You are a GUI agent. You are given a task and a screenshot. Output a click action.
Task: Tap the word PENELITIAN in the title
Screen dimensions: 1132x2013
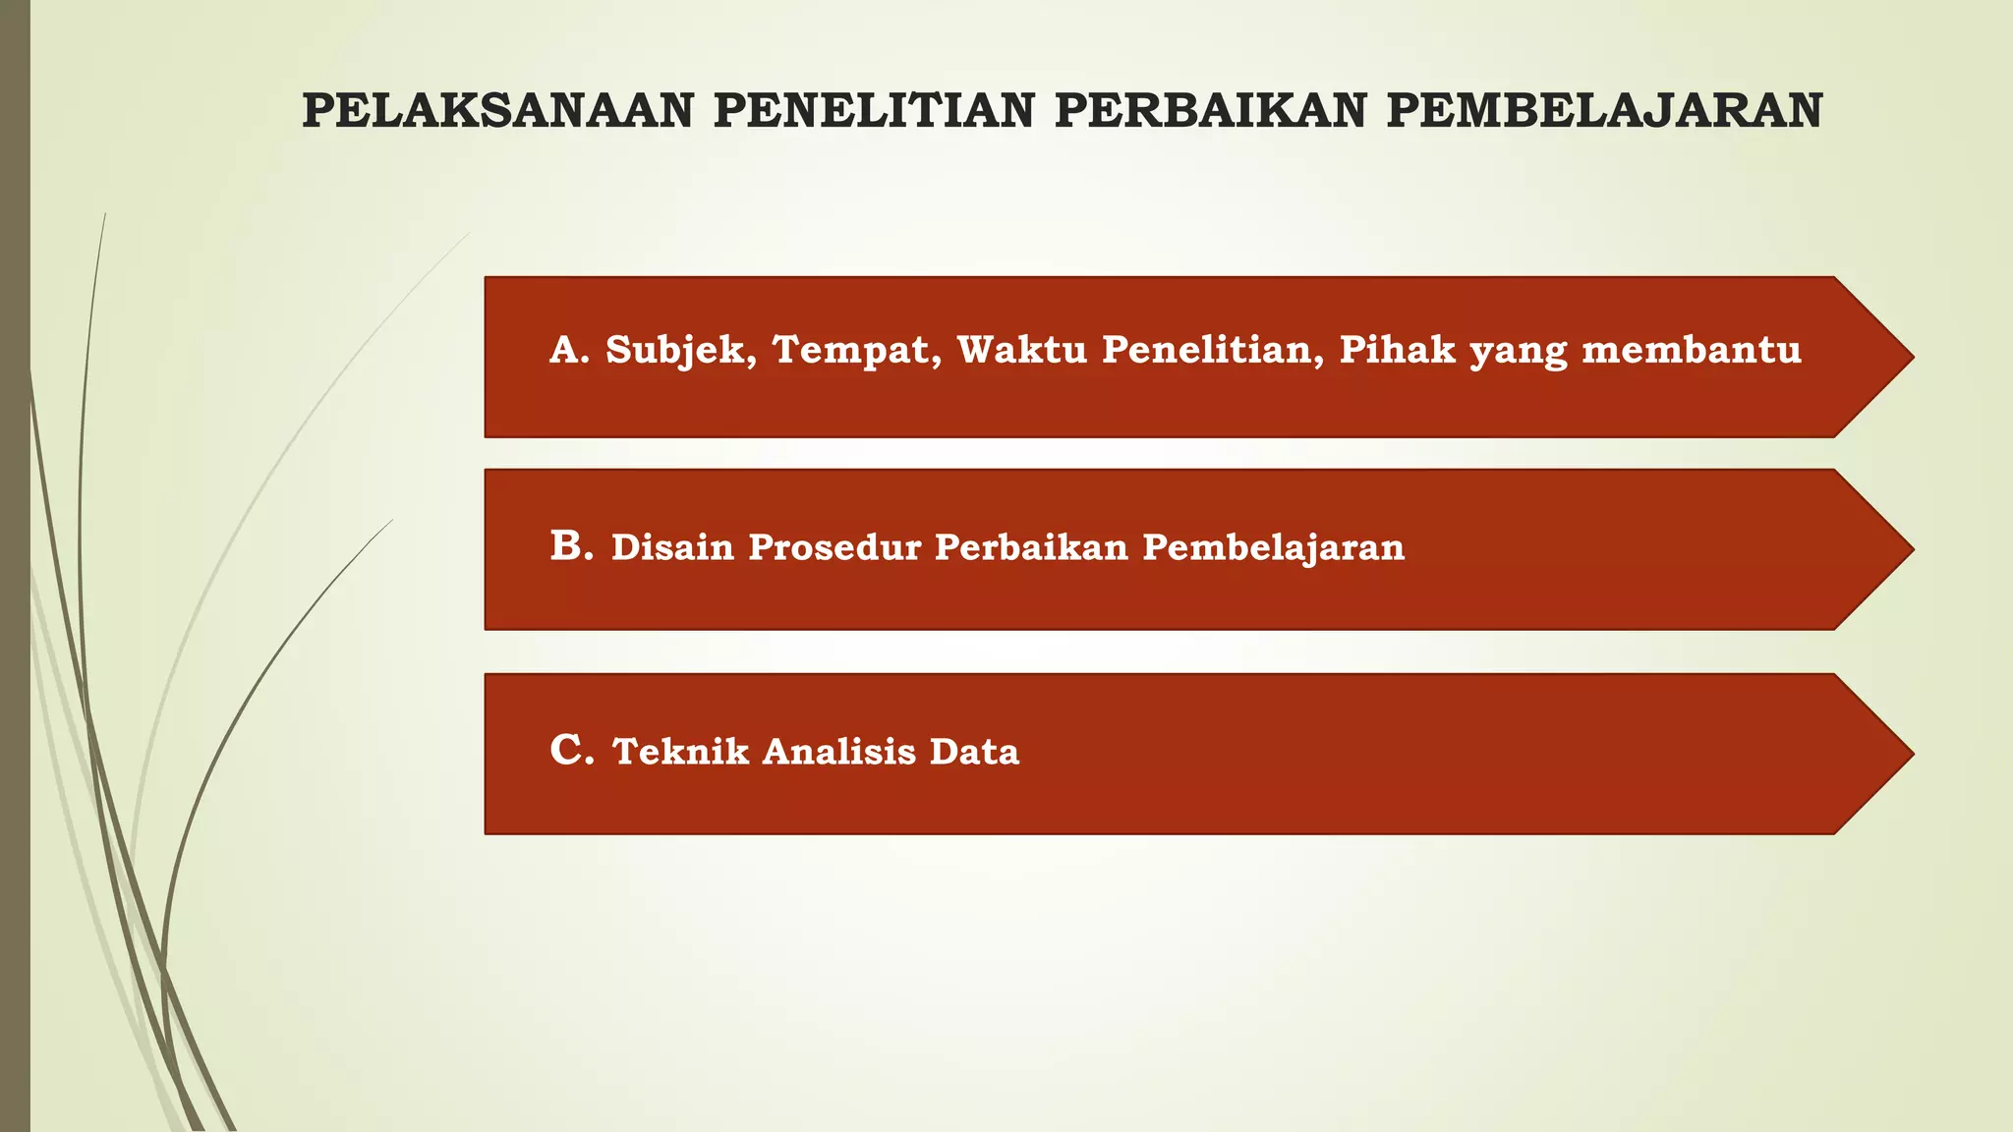coord(874,111)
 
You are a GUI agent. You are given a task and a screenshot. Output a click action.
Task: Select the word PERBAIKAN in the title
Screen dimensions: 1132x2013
coord(1210,111)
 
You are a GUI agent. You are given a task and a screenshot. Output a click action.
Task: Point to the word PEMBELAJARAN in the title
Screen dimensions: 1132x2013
coord(1604,111)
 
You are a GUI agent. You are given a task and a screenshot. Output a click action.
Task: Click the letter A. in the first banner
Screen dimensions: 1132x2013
coord(569,350)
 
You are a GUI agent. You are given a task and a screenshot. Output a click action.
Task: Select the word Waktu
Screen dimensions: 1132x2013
coord(1022,350)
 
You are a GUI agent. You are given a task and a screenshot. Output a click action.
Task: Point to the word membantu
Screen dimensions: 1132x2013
coord(1692,350)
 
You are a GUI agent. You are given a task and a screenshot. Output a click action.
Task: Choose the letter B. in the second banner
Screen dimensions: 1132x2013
coord(572,546)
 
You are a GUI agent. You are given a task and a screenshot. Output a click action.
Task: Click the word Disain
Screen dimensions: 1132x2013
coord(672,547)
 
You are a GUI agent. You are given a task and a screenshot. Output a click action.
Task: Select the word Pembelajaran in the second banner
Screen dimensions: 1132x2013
coord(1273,547)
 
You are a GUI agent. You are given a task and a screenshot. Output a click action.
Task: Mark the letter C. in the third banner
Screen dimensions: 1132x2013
coord(572,751)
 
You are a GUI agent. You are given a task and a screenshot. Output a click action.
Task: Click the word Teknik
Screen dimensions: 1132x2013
coord(680,752)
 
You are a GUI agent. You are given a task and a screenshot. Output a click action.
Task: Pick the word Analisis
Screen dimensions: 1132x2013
coord(838,752)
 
